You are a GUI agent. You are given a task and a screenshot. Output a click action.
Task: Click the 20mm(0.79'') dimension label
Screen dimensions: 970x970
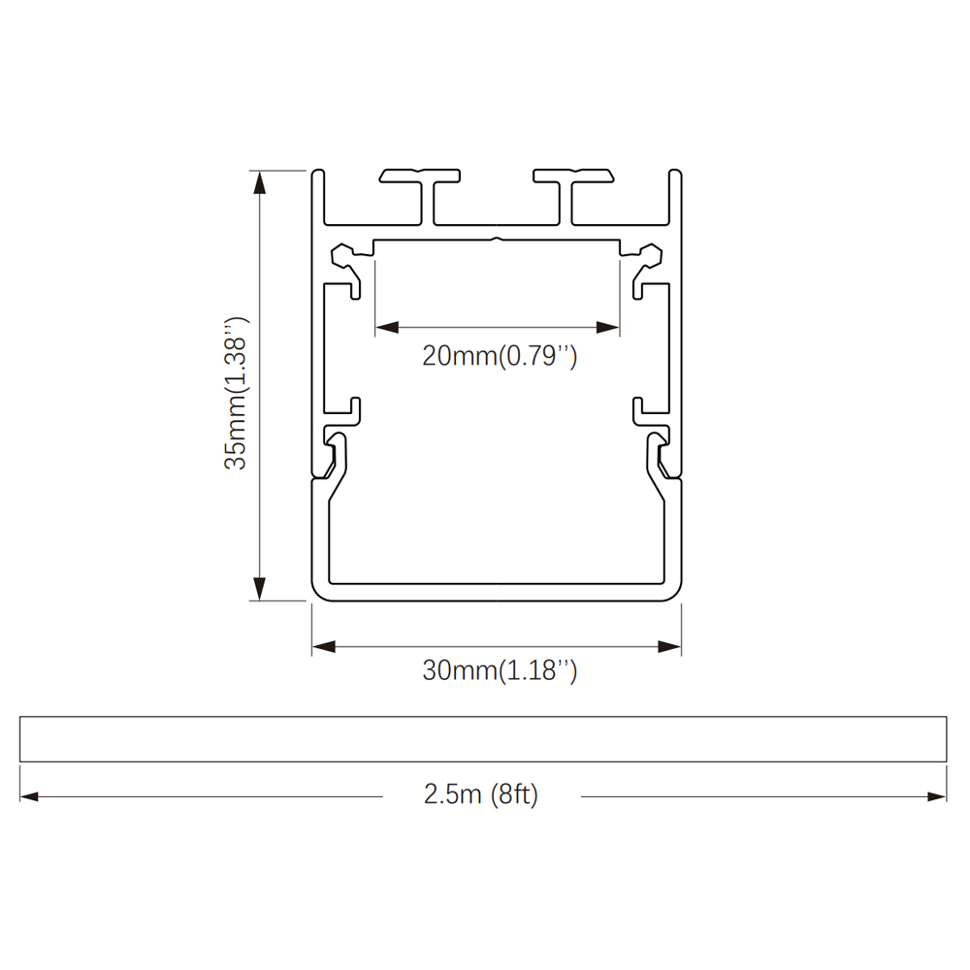point(500,356)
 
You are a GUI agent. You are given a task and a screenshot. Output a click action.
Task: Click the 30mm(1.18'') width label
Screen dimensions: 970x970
point(500,670)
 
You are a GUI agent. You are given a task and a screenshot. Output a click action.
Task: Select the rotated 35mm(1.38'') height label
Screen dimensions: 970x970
point(237,393)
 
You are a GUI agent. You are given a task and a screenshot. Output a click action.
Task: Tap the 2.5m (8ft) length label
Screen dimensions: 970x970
point(481,793)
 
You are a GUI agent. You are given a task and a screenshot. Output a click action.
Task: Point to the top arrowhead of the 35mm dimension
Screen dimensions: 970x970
point(260,182)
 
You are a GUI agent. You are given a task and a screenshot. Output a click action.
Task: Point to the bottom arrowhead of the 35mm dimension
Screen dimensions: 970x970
point(260,589)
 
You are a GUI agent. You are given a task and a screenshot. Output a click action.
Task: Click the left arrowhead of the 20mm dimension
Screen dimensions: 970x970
point(387,327)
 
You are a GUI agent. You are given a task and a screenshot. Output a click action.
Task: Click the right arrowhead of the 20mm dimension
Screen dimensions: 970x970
point(607,327)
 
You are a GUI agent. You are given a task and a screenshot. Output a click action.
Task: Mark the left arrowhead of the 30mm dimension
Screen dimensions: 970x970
point(324,647)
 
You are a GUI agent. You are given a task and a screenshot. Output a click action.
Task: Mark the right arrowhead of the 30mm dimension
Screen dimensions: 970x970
point(669,647)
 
